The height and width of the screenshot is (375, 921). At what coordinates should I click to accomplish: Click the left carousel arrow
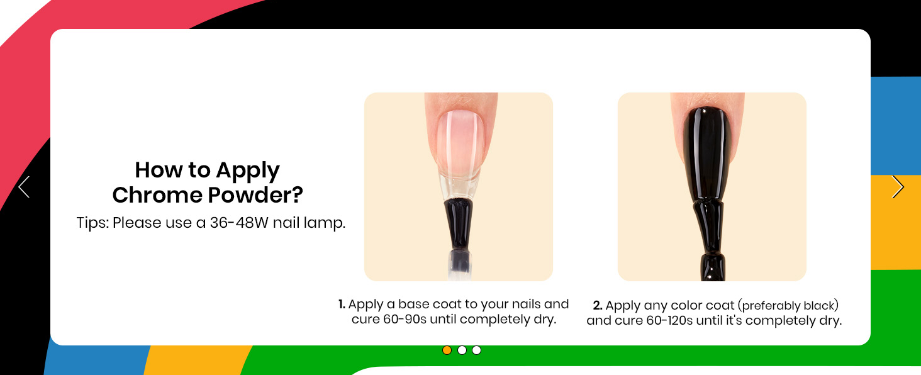click(24, 187)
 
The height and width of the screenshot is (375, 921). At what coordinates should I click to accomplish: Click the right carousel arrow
click(898, 187)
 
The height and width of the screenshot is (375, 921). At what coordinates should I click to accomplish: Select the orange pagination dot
click(447, 350)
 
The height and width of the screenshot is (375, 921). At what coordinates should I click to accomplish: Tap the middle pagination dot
click(462, 350)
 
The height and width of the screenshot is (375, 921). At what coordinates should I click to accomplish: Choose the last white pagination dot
click(476, 350)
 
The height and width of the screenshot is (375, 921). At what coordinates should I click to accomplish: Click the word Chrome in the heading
click(157, 195)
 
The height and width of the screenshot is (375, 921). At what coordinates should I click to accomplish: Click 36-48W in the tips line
click(239, 223)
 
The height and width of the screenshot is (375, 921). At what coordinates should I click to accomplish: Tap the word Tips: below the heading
click(92, 223)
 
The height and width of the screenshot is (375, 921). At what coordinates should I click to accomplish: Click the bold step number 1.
click(342, 305)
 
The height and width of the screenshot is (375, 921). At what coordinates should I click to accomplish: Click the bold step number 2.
click(598, 306)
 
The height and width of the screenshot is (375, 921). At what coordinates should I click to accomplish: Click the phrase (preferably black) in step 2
click(788, 306)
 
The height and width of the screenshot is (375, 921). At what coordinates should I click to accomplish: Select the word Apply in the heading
click(248, 171)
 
